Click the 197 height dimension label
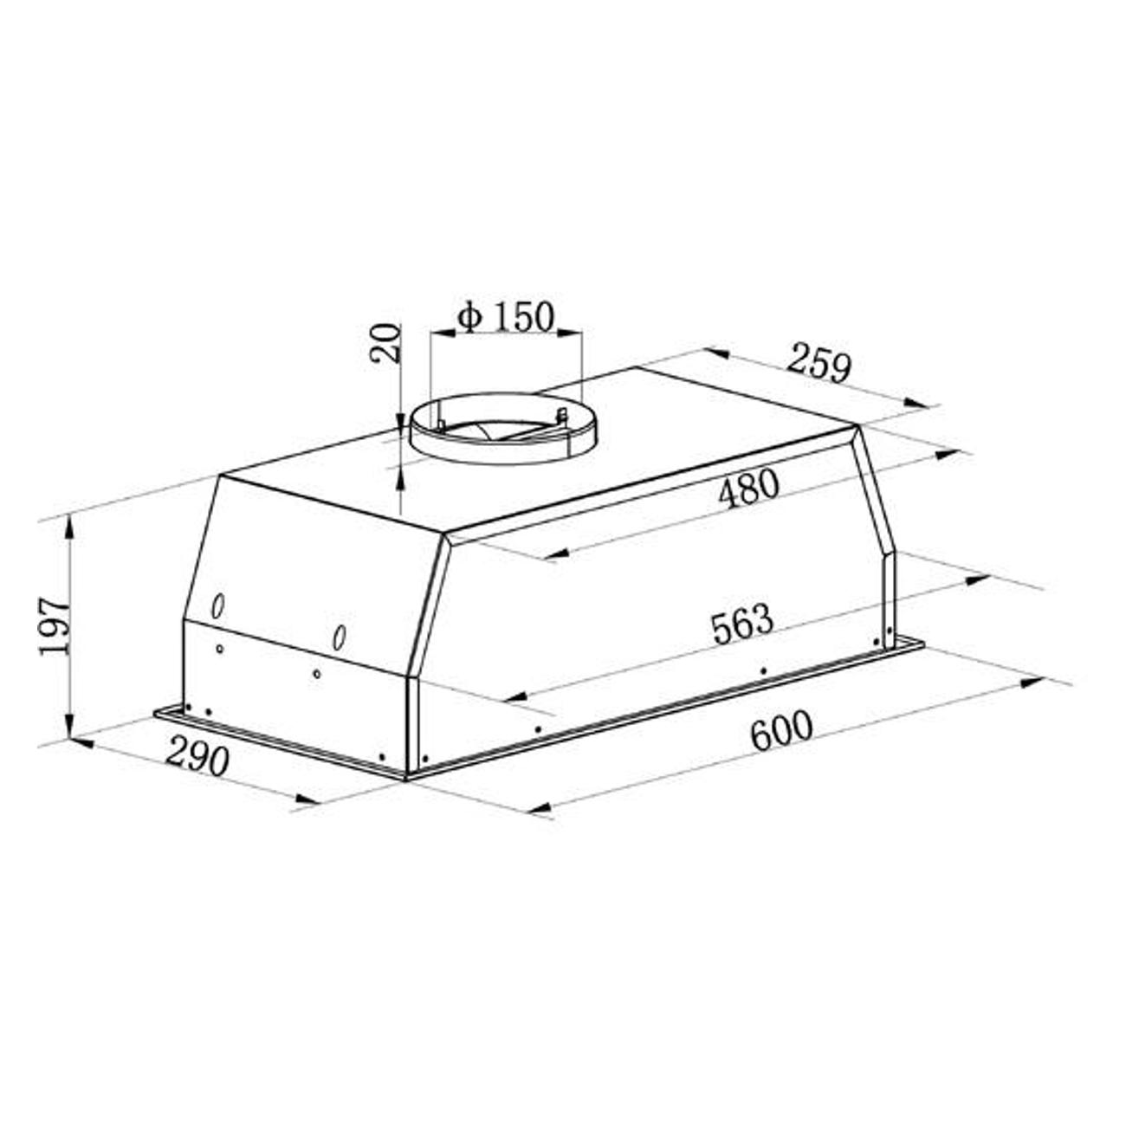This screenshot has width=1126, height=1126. [55, 626]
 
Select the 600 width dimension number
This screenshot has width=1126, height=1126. [781, 730]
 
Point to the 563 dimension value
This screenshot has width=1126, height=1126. [742, 624]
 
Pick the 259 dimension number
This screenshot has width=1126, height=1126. [818, 364]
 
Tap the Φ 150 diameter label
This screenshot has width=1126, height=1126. [505, 317]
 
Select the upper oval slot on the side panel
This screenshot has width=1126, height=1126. [218, 606]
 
